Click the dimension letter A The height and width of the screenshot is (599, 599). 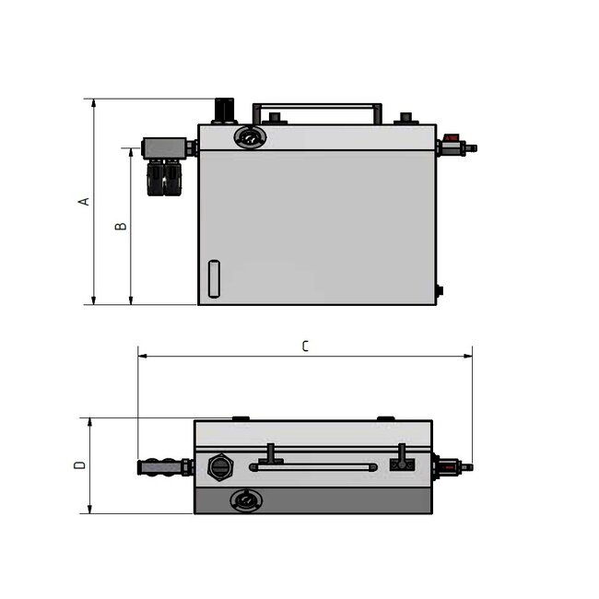click(84, 200)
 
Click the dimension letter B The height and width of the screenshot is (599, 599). click(120, 226)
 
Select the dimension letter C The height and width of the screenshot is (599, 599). click(305, 346)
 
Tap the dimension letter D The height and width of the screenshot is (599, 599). click(80, 464)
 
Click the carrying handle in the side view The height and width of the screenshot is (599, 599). click(318, 109)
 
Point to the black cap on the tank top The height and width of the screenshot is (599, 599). click(225, 110)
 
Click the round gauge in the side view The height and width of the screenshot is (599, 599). click(249, 137)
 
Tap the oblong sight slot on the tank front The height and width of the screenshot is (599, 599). click(215, 278)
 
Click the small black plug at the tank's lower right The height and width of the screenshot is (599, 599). click(440, 291)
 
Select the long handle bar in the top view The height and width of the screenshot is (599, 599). click(313, 467)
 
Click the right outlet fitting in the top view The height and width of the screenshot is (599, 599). click(451, 467)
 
